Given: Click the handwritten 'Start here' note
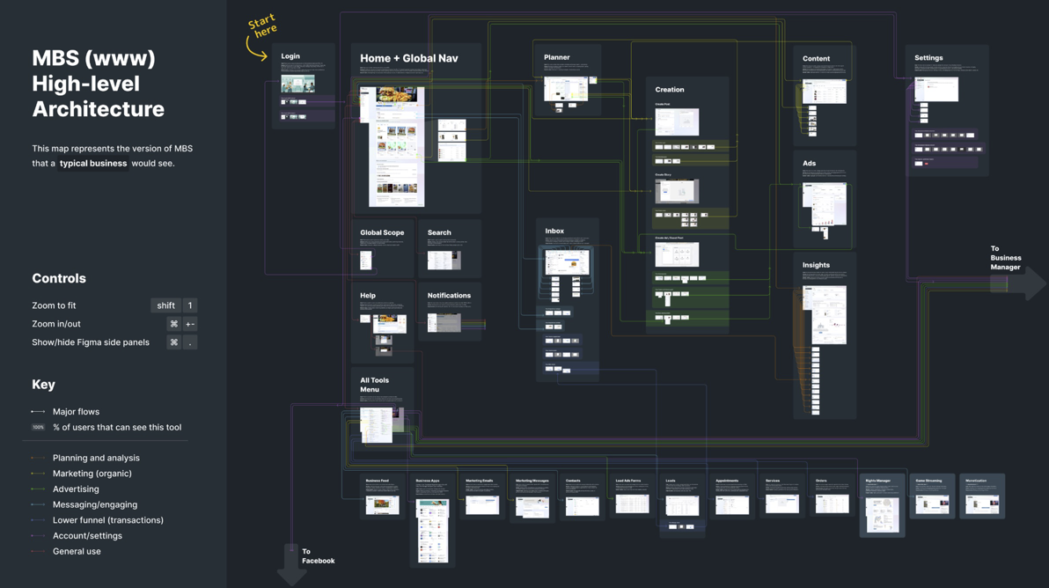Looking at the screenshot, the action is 262,26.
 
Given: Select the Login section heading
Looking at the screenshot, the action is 290,56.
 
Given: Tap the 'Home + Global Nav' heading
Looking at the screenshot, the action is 408,59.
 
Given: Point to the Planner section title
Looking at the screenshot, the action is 556,57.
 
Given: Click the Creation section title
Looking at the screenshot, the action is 669,90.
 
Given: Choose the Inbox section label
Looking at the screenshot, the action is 554,232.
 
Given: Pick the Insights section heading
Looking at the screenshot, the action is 815,265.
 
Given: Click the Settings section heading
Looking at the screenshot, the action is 928,58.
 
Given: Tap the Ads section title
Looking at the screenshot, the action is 809,164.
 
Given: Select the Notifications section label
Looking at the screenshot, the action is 449,296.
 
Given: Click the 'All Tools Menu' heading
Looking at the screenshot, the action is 374,385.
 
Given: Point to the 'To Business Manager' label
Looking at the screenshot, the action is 1005,258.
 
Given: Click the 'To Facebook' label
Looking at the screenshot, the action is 318,556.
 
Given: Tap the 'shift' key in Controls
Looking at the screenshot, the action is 165,305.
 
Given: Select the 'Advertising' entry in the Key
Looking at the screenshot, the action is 76,489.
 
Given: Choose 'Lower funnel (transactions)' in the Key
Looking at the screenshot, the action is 107,520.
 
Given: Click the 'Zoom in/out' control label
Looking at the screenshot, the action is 56,324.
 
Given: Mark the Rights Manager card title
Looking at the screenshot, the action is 877,481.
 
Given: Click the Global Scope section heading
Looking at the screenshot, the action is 382,233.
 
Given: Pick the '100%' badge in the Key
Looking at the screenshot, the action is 38,428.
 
